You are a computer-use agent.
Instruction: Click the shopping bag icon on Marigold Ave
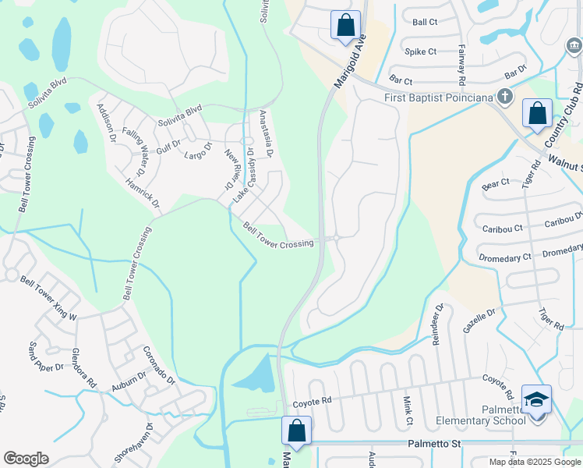(345, 24)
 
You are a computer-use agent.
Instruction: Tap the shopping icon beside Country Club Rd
(537, 113)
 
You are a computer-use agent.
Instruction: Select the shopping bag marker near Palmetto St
(296, 430)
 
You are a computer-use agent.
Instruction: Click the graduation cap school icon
(536, 399)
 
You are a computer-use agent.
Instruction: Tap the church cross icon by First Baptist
(505, 97)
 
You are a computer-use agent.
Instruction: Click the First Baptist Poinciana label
(440, 98)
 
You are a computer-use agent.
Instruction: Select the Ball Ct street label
(425, 23)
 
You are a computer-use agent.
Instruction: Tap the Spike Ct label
(421, 51)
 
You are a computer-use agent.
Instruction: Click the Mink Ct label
(408, 410)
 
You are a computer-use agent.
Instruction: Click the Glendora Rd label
(84, 368)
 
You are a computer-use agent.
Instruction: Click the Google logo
(26, 459)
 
